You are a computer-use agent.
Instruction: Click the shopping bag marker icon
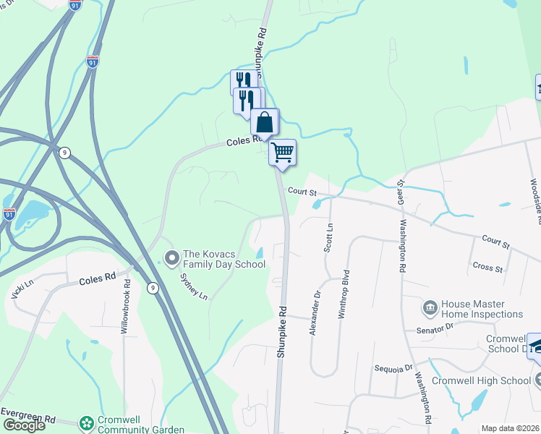coord(265,122)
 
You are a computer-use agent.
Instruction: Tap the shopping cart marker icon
coord(282,152)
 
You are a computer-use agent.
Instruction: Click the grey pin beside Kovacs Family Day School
coord(172,258)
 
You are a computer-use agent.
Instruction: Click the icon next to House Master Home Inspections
coord(429,309)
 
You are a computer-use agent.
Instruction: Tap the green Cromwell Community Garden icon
coord(87,422)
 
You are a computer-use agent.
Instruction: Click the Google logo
coord(23,425)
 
